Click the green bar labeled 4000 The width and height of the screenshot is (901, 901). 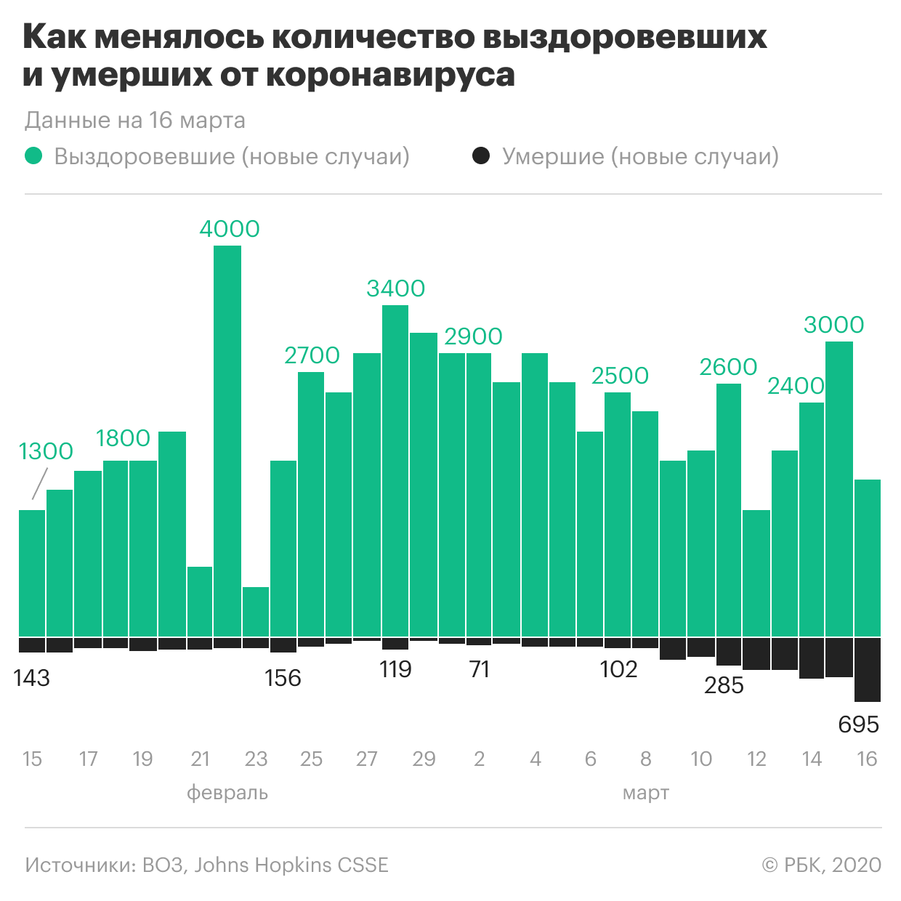[227, 441]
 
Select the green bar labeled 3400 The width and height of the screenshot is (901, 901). [395, 471]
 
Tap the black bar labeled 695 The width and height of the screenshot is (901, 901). [868, 669]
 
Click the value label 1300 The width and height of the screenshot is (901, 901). [46, 451]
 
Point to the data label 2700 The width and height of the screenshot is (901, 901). [312, 355]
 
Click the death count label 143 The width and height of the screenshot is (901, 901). [32, 678]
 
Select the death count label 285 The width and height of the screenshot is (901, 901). [724, 685]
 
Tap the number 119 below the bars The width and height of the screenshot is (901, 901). [395, 669]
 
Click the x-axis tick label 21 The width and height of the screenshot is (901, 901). [200, 759]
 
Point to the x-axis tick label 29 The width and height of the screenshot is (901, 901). [424, 759]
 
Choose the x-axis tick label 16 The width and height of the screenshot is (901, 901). [867, 759]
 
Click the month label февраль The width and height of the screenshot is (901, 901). [227, 793]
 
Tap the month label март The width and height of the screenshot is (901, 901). [645, 793]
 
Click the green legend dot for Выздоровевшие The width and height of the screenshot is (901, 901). [34, 156]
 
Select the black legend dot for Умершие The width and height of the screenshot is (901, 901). [481, 156]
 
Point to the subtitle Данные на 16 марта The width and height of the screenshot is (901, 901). [135, 121]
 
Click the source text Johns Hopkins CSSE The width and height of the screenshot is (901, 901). [291, 865]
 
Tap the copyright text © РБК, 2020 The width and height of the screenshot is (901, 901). [821, 865]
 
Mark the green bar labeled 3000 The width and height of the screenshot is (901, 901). [839, 489]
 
